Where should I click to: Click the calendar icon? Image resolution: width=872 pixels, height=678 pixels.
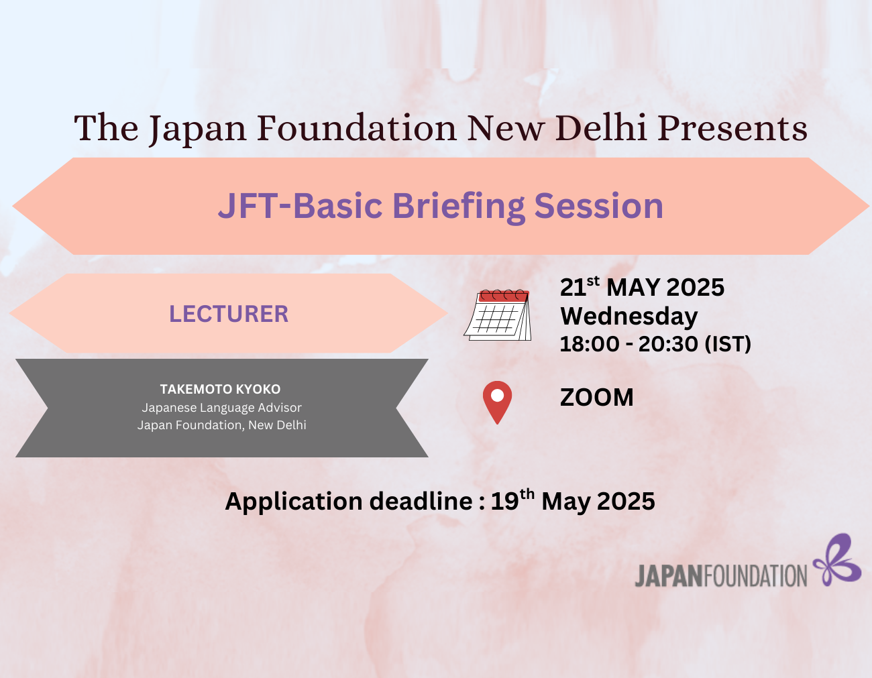[498, 315]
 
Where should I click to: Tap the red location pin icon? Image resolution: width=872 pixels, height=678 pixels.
[497, 402]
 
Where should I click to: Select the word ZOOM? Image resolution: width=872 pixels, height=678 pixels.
[597, 398]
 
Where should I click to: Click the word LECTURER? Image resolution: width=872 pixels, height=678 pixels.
[229, 314]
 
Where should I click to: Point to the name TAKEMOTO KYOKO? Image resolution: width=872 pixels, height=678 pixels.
[220, 389]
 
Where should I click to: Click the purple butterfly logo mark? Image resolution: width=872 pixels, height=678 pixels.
[837, 560]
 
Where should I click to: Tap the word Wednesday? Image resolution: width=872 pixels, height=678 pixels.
[629, 317]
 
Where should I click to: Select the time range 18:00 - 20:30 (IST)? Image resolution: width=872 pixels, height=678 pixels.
[655, 344]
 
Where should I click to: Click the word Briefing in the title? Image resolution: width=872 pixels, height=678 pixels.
[459, 206]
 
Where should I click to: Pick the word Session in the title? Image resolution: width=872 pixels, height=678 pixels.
[598, 206]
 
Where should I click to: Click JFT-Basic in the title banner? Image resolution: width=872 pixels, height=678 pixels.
[300, 206]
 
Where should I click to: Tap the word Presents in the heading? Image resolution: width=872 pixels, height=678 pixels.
[732, 128]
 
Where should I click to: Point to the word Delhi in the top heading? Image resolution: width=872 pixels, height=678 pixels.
[601, 127]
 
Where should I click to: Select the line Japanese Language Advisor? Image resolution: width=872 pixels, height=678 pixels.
[221, 408]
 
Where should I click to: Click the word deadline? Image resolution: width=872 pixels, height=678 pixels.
[421, 502]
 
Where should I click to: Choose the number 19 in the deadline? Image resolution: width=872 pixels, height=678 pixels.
[504, 502]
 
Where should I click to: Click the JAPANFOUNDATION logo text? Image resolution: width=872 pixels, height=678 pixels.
[720, 576]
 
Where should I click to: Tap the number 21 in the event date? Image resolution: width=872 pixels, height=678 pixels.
[573, 288]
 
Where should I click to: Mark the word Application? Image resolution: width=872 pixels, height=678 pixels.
[294, 502]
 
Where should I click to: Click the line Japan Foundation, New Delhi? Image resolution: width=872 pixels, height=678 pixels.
[221, 425]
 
